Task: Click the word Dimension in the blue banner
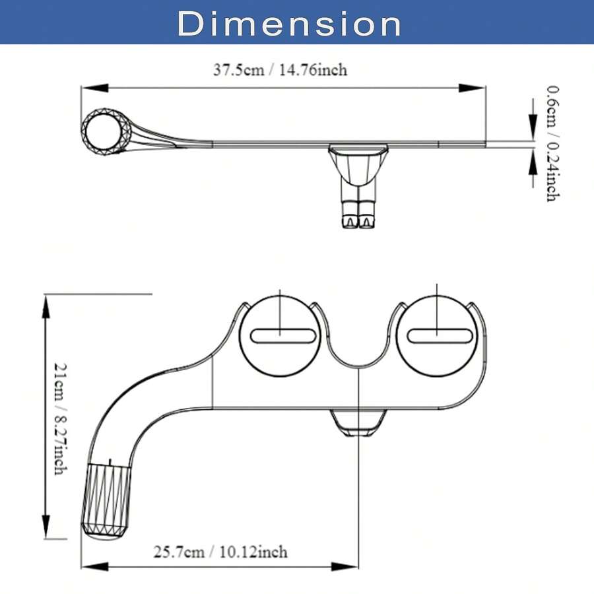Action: pyautogui.click(x=289, y=24)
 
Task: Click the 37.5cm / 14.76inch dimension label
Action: pyautogui.click(x=280, y=70)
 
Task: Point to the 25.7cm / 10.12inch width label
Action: pyautogui.click(x=220, y=551)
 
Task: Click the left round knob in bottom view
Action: pyautogui.click(x=280, y=335)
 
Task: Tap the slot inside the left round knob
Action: pyautogui.click(x=281, y=336)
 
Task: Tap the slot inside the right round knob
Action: pyautogui.click(x=439, y=336)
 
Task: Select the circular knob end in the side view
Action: pyautogui.click(x=106, y=131)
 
